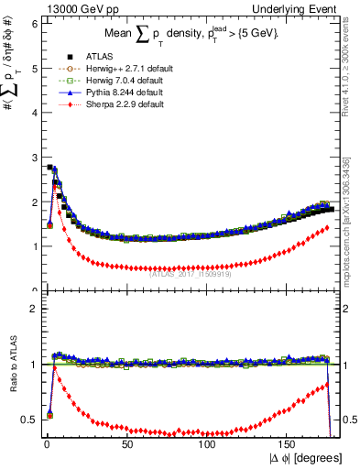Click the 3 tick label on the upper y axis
33,158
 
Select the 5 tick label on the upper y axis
33,69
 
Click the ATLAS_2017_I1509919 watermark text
191,271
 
